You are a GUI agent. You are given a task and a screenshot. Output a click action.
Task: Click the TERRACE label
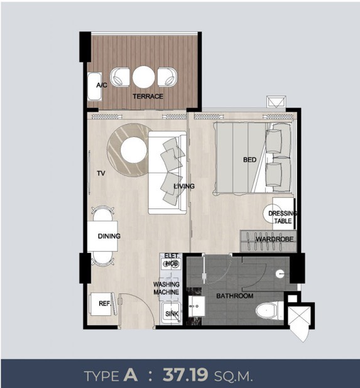tap(148, 96)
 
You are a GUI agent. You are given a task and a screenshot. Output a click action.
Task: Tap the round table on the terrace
tap(144, 77)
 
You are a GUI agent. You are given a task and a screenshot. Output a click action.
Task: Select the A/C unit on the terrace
tap(95, 87)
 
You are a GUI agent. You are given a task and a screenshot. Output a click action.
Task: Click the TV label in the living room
tap(101, 173)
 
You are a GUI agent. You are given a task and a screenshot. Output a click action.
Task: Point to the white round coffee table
tap(134, 150)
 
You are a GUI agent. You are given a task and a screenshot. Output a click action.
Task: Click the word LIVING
tap(184, 186)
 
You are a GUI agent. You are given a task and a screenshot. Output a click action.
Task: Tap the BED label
tap(249, 160)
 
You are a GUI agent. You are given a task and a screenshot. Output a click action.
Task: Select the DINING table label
tap(109, 236)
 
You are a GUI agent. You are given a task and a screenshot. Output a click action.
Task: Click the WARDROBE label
tap(275, 239)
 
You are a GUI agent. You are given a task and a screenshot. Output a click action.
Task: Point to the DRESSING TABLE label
tap(283, 217)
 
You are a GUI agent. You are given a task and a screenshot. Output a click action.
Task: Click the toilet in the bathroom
tap(270, 310)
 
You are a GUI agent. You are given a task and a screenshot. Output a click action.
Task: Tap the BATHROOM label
tap(235, 296)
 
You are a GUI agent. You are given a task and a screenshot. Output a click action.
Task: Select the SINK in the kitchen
tap(171, 312)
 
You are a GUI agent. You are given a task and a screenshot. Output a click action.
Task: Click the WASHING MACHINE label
tap(166, 288)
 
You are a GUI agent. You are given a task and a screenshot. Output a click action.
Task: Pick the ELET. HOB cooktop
tap(170, 264)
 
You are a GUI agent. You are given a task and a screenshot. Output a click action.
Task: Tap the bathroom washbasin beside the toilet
tap(197, 306)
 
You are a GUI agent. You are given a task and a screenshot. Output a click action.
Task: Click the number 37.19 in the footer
tap(185, 375)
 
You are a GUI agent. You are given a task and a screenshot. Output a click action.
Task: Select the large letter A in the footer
tap(131, 374)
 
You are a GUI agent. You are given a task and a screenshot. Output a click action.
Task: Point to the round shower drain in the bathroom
tap(280, 274)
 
